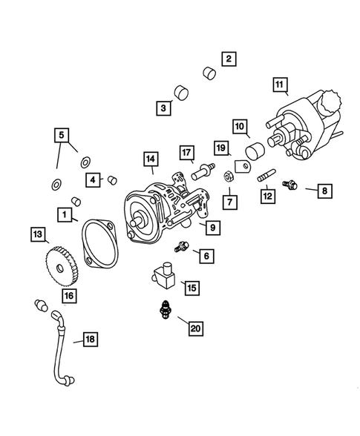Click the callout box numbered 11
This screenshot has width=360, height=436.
(x=279, y=85)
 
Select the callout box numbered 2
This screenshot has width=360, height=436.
(x=229, y=58)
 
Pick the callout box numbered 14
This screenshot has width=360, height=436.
(x=151, y=159)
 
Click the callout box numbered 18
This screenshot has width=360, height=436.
(x=90, y=340)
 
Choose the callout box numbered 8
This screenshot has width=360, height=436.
(x=324, y=191)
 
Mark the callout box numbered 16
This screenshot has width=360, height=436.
(x=69, y=296)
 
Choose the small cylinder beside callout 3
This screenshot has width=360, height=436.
(x=180, y=93)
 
